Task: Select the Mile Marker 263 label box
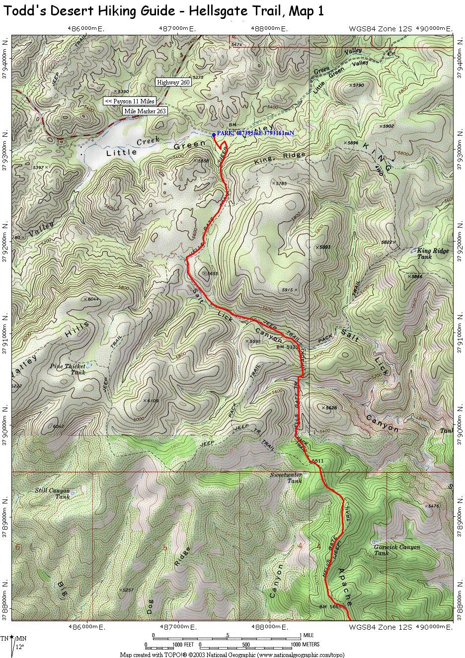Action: coord(145,111)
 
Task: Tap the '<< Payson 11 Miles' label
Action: coord(130,101)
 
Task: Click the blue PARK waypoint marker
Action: coord(214,134)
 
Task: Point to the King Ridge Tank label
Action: coord(433,253)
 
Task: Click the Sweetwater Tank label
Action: coord(286,478)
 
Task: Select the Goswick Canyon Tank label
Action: coord(397,550)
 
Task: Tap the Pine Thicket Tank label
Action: coord(68,369)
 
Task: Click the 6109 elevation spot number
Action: coord(152,401)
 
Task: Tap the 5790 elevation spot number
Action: coord(359,85)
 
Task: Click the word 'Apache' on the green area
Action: coord(345,586)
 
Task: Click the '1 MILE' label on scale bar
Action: coord(309,636)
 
